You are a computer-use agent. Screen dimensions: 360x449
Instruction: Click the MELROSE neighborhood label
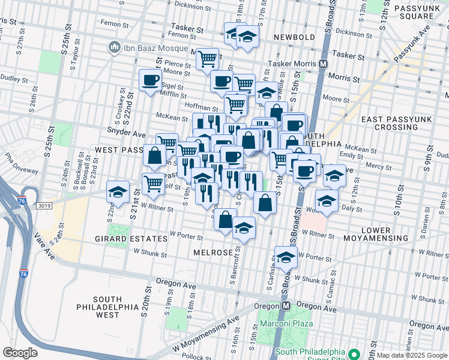click(x=212, y=253)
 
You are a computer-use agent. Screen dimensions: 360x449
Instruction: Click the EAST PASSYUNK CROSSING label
click(x=390, y=123)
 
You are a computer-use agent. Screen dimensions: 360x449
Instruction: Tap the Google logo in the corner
click(x=20, y=352)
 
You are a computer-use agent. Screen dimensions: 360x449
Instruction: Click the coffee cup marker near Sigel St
click(x=151, y=80)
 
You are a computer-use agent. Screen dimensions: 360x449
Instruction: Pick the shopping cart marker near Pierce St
click(x=207, y=59)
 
